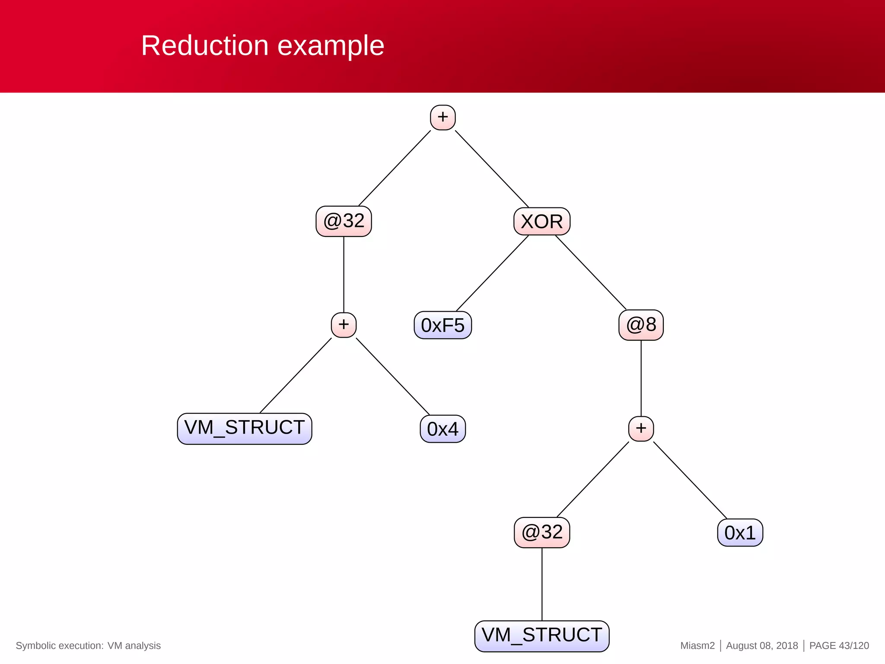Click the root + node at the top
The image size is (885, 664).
(x=442, y=117)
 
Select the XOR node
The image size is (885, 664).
(x=542, y=221)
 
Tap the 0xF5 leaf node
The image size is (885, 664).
(x=442, y=325)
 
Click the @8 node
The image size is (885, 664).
(x=641, y=325)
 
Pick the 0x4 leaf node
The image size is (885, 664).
(x=442, y=429)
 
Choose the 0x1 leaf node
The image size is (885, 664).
(x=740, y=533)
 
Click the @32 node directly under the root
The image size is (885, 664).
(x=344, y=221)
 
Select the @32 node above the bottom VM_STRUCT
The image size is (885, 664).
(x=542, y=533)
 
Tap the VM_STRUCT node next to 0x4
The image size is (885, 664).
(x=245, y=428)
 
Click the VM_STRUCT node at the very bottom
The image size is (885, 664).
(x=542, y=636)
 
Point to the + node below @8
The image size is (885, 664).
(x=641, y=428)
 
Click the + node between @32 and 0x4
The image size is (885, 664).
(x=344, y=325)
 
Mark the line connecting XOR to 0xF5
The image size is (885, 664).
(x=493, y=273)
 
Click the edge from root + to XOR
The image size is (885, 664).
(x=492, y=169)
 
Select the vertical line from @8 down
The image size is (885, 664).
(x=641, y=378)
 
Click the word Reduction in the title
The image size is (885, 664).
(x=205, y=46)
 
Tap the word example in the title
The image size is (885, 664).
(x=331, y=46)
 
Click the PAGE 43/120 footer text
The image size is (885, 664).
(x=839, y=645)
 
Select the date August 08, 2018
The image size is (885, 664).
(x=762, y=645)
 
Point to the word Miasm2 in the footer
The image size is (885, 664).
(x=697, y=645)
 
